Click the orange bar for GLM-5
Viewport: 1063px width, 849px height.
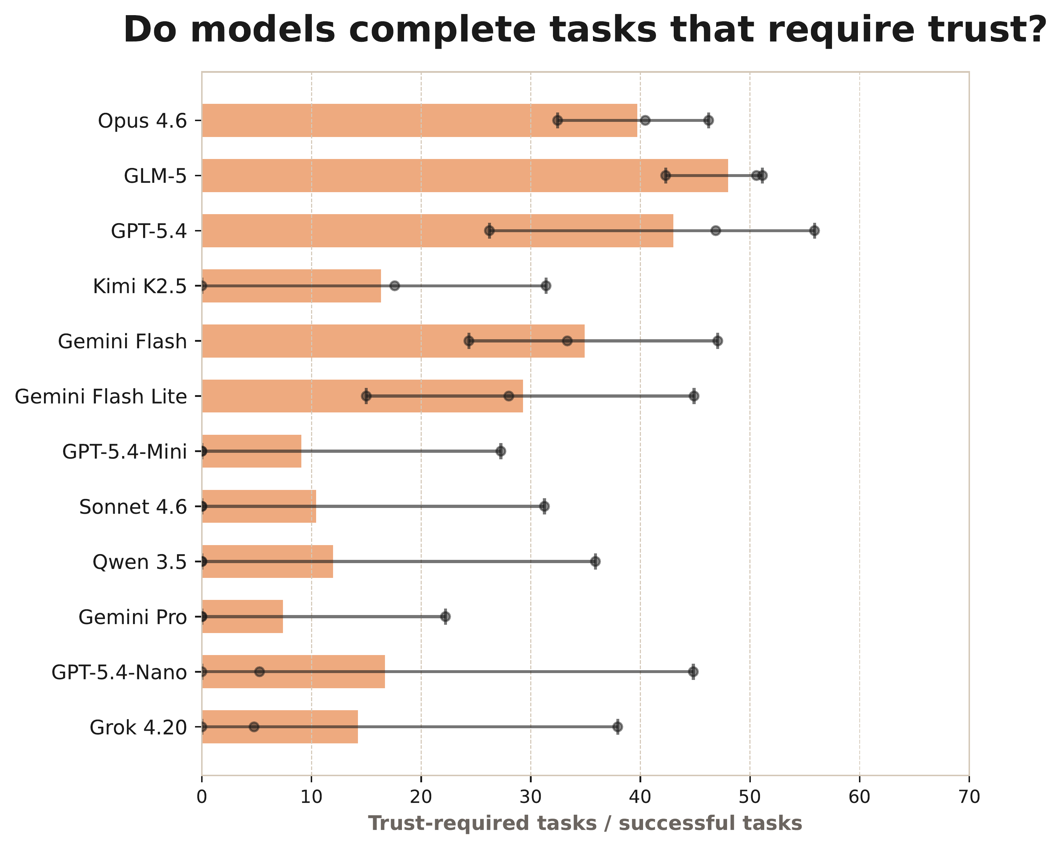pyautogui.click(x=464, y=176)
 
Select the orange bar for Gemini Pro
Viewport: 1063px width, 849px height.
pyautogui.click(x=242, y=616)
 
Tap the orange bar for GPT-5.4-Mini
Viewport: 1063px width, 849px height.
pyautogui.click(x=252, y=451)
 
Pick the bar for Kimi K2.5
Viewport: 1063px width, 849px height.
pyautogui.click(x=291, y=286)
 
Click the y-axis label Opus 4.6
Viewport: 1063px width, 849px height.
pyautogui.click(x=142, y=121)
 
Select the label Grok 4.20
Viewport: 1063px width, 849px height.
pyautogui.click(x=138, y=727)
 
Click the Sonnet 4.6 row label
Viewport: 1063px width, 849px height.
pyautogui.click(x=133, y=507)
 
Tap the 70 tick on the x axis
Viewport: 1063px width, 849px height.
pyautogui.click(x=969, y=797)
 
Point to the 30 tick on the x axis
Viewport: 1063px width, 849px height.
pyautogui.click(x=531, y=797)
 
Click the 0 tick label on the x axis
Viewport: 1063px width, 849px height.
pyautogui.click(x=201, y=797)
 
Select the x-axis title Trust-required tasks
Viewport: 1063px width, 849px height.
pyautogui.click(x=585, y=823)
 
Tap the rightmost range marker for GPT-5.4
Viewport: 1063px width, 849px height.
pyautogui.click(x=815, y=231)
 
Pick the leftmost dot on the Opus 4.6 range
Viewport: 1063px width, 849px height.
pyautogui.click(x=558, y=120)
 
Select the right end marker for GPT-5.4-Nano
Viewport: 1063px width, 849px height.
pyautogui.click(x=693, y=672)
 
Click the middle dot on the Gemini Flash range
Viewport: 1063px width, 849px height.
pyautogui.click(x=567, y=341)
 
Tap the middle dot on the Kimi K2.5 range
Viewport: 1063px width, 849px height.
pyautogui.click(x=394, y=286)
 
